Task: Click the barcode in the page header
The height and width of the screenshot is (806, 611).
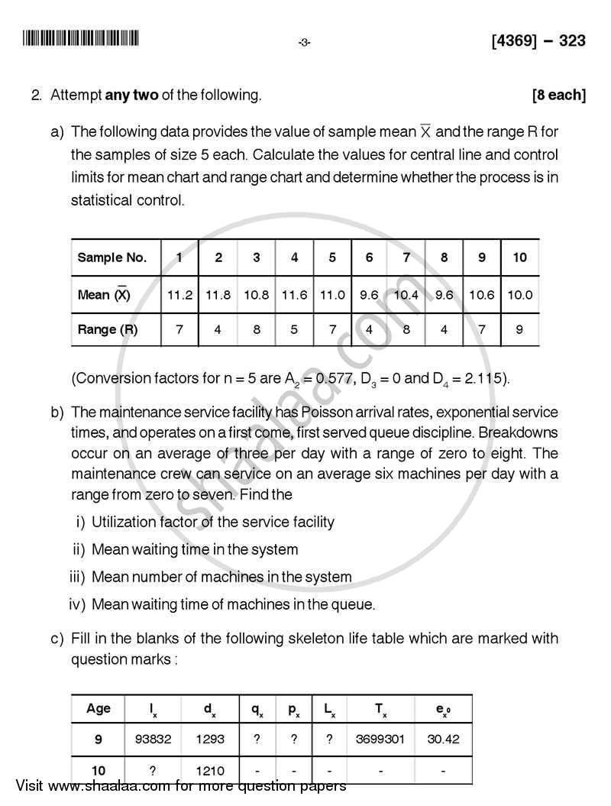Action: click(81, 39)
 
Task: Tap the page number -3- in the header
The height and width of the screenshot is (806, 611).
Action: click(304, 43)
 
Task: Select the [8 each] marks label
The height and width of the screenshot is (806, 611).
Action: click(559, 95)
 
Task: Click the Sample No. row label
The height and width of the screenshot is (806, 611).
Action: click(112, 257)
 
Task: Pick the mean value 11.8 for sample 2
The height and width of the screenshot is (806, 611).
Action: click(218, 295)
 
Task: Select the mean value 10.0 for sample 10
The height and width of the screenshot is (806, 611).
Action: click(520, 295)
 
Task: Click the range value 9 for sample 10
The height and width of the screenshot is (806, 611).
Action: click(520, 329)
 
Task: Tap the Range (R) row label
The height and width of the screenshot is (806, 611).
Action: click(108, 329)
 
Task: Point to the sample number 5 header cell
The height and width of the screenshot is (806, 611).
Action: click(332, 257)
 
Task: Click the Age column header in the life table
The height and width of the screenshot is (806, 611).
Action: click(99, 708)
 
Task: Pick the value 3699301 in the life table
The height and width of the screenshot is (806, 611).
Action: click(380, 739)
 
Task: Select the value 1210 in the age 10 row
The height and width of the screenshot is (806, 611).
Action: click(210, 769)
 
